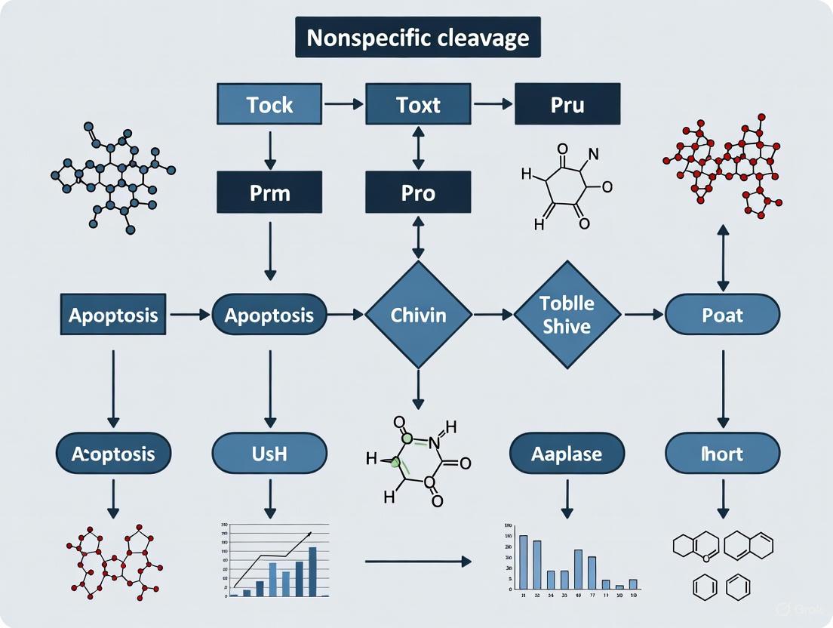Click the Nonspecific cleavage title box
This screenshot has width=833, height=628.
click(417, 37)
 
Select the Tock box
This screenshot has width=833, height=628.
click(269, 104)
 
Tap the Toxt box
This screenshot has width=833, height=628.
click(418, 104)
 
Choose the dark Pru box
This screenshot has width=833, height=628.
click(567, 104)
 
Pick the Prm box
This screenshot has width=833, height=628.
click(269, 192)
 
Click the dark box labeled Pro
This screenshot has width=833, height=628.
click(418, 192)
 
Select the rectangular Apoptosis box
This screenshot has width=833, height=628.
click(113, 314)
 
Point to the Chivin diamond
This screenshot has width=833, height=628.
click(418, 314)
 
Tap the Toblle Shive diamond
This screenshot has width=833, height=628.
click(567, 314)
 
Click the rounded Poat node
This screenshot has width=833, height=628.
click(722, 314)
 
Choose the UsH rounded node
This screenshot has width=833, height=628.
click(269, 454)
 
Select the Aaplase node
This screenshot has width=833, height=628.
click(567, 454)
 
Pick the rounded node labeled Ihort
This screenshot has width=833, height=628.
click(722, 454)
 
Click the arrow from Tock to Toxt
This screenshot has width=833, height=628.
click(343, 104)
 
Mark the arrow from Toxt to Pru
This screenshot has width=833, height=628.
click(492, 104)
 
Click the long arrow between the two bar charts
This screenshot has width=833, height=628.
click(417, 562)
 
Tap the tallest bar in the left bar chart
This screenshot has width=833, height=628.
click(312, 571)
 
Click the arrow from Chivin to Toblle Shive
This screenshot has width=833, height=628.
click(492, 314)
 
